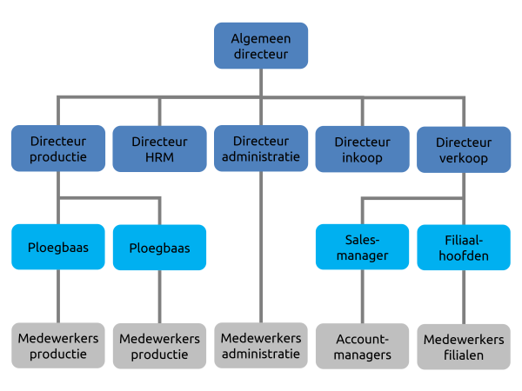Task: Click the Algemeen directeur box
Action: [x=261, y=45]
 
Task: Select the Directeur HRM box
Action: [x=159, y=149]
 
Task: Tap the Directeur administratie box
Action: [x=261, y=148]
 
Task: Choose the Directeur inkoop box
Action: [x=362, y=149]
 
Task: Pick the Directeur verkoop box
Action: [x=463, y=149]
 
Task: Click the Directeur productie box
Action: [x=58, y=149]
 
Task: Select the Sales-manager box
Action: [x=362, y=247]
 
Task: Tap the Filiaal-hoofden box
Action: [x=463, y=248]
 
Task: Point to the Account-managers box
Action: [x=362, y=346]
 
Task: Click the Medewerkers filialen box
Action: [x=463, y=347]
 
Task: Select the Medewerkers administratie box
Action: [x=261, y=345]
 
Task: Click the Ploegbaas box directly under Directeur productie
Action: [x=58, y=247]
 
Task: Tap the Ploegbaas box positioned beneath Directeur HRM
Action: [x=159, y=248]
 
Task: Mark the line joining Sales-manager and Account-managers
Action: [x=362, y=296]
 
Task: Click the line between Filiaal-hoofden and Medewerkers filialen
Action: [x=463, y=297]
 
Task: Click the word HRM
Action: [x=159, y=157]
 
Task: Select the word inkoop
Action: [x=362, y=158]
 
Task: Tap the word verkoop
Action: [x=463, y=159]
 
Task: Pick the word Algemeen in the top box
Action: [x=261, y=37]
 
